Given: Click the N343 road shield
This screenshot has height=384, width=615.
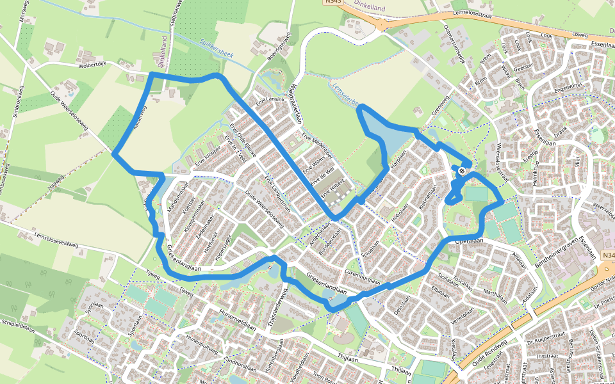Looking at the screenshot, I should click(x=332, y=2).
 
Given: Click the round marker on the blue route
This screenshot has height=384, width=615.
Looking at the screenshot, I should click(x=461, y=171).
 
